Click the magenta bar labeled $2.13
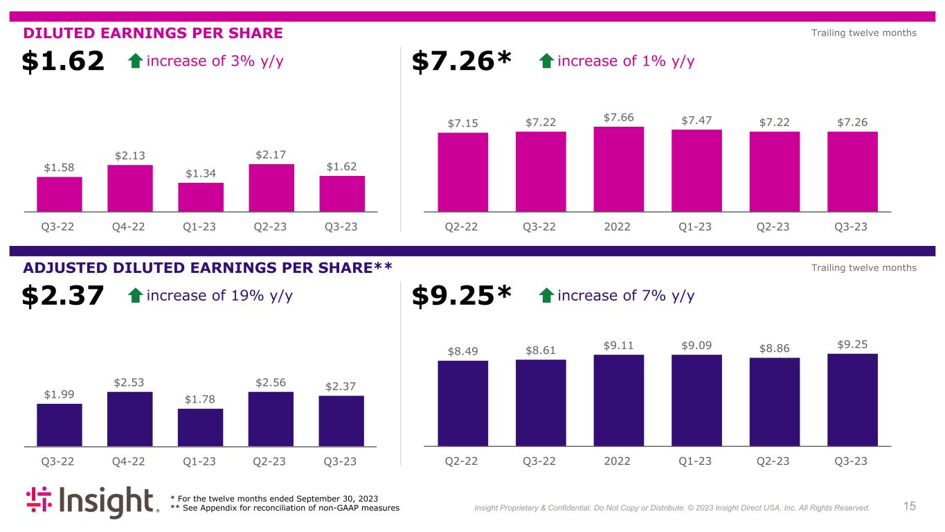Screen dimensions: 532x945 [130, 188]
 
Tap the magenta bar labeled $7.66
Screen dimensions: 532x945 [618, 169]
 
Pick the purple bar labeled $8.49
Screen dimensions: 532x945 [462, 403]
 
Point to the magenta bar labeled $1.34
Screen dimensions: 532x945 [201, 197]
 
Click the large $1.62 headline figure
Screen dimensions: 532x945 [63, 62]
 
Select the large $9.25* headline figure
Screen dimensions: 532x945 [461, 296]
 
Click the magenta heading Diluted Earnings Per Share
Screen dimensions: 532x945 [153, 33]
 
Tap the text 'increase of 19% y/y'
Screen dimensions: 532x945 [219, 296]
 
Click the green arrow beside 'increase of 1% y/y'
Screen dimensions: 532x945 [546, 62]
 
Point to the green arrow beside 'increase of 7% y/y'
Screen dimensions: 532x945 [546, 296]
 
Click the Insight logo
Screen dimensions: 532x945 [92, 503]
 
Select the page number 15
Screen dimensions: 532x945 [910, 506]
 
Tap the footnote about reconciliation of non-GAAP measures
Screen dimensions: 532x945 [285, 508]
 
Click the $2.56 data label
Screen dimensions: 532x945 [271, 382]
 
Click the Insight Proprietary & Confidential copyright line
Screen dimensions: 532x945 [672, 508]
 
